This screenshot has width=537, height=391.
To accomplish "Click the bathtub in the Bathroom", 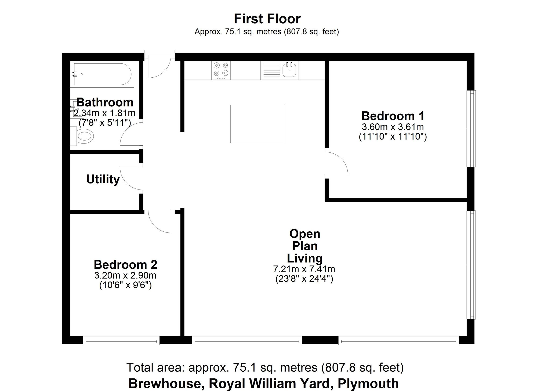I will (x=102, y=74).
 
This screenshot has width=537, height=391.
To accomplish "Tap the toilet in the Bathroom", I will (x=85, y=136).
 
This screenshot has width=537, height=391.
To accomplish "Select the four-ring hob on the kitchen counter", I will (x=221, y=70).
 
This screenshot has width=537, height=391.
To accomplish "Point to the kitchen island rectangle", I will (x=257, y=124).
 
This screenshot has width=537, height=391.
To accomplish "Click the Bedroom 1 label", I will (x=393, y=116).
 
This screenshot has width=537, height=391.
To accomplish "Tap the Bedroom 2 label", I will (x=125, y=265).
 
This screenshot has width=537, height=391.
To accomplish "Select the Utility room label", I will (x=103, y=179).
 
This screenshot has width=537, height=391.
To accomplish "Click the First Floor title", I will (x=267, y=19).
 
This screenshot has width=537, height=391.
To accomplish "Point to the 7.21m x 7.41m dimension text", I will (x=304, y=269).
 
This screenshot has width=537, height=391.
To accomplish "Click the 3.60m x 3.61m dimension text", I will (x=393, y=127).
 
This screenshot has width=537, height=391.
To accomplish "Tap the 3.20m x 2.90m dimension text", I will (x=125, y=275).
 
